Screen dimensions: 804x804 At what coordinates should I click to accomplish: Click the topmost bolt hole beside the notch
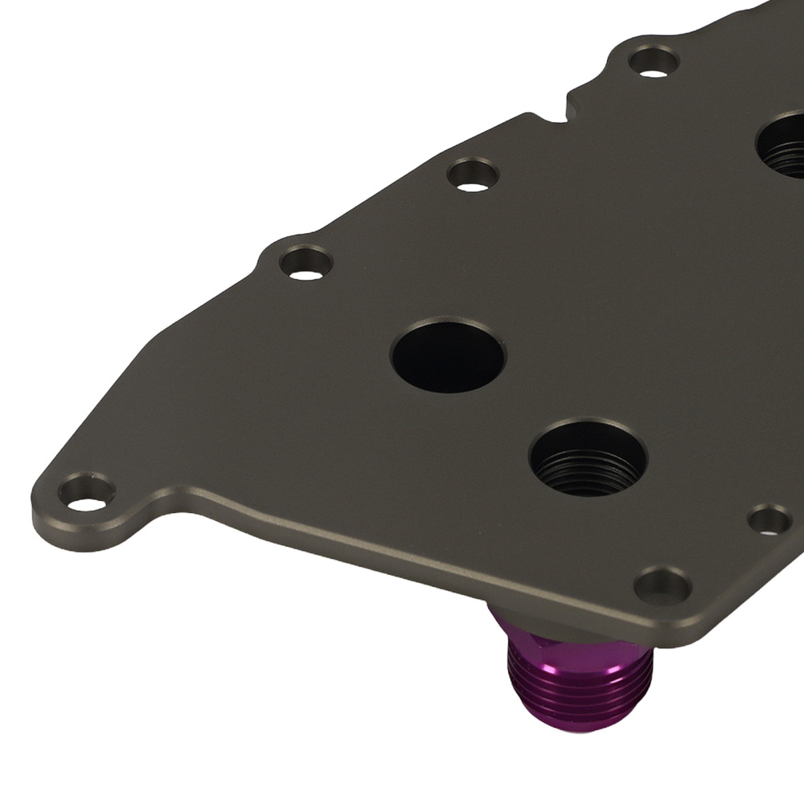[x=653, y=62]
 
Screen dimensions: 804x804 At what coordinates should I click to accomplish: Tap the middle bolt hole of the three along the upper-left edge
[x=472, y=174]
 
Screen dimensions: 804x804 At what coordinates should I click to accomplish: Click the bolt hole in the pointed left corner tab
[x=87, y=492]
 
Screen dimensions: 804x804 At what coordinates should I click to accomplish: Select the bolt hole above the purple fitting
[x=662, y=585]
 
